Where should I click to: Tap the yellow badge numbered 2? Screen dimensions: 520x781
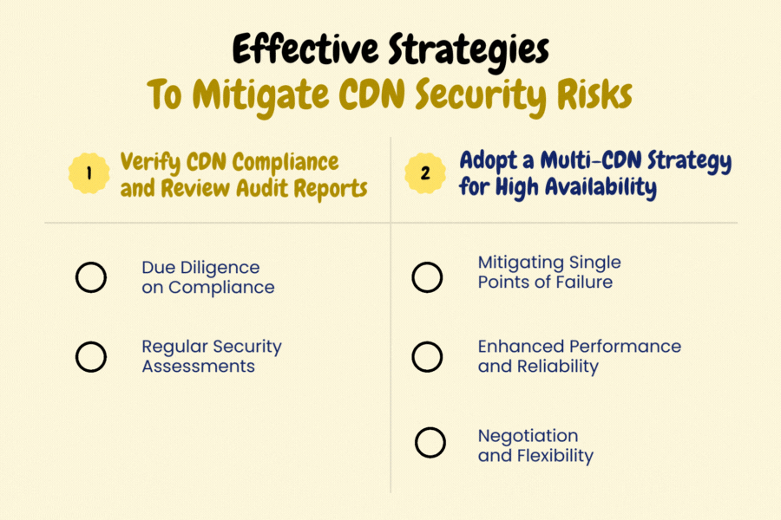(x=424, y=172)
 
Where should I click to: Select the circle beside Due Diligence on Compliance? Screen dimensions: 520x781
(x=91, y=277)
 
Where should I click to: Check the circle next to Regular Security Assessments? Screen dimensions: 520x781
(x=91, y=356)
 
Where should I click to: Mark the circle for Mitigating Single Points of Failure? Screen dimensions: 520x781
(x=427, y=277)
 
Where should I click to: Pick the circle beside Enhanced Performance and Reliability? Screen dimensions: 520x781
(x=427, y=356)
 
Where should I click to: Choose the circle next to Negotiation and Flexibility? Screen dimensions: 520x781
(x=430, y=442)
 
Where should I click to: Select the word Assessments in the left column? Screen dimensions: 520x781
(x=198, y=367)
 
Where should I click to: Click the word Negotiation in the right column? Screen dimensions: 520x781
(x=528, y=435)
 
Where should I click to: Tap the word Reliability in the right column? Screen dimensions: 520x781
(x=555, y=367)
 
